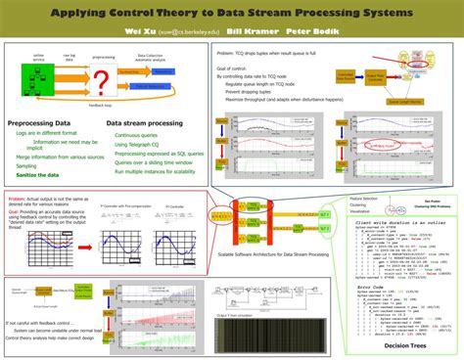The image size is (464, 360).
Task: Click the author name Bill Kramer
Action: (x=248, y=31)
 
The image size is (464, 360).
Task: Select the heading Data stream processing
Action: (x=146, y=124)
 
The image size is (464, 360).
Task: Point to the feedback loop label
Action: (x=99, y=101)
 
